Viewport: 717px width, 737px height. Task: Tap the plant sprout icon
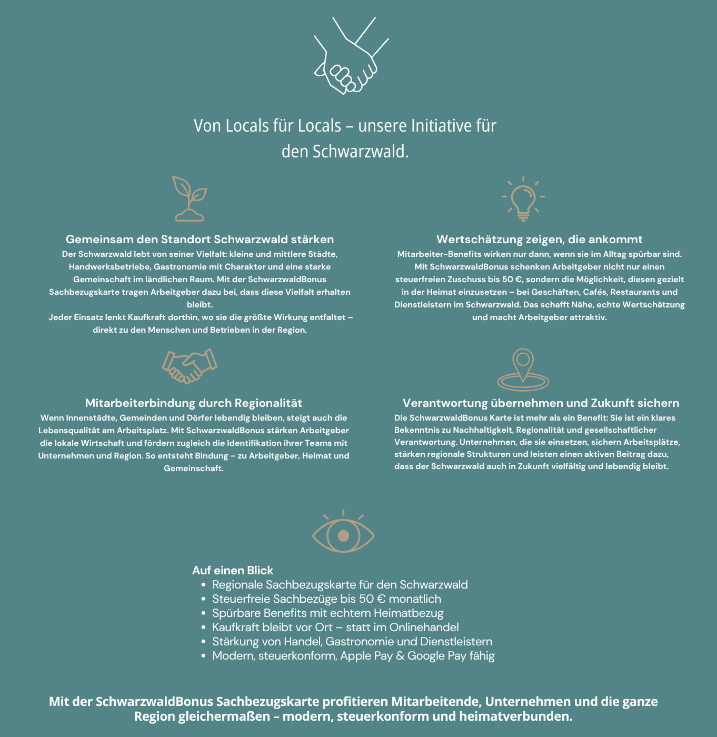click(190, 199)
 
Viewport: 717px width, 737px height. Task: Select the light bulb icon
click(523, 199)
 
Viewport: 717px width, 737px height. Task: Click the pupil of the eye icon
click(343, 536)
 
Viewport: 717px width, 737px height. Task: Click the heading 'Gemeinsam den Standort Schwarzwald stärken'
click(200, 240)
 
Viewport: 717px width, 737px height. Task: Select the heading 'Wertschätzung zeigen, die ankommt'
click(540, 240)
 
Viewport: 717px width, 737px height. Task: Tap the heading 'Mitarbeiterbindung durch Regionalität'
click(194, 403)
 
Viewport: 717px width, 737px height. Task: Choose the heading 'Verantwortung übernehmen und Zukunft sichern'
click(541, 403)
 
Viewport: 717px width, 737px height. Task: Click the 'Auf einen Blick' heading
click(233, 570)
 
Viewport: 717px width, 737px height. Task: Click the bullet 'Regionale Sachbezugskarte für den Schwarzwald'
click(340, 585)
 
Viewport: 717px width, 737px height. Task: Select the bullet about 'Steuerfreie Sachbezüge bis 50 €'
click(326, 599)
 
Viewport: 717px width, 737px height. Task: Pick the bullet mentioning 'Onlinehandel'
click(335, 628)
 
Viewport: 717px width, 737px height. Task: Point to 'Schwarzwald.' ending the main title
click(361, 152)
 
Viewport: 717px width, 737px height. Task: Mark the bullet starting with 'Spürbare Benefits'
click(327, 613)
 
